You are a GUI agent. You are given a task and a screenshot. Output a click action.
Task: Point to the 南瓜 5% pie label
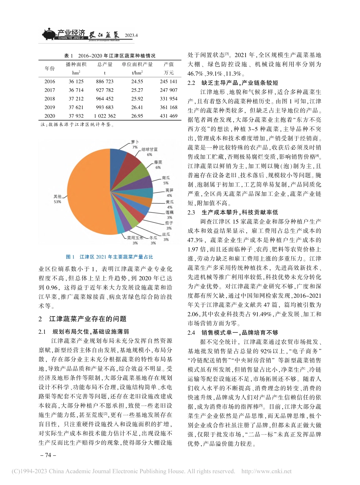[165, 180]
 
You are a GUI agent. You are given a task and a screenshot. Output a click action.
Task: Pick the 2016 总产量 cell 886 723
[105, 81]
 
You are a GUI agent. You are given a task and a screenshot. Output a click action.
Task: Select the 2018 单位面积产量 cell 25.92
[137, 99]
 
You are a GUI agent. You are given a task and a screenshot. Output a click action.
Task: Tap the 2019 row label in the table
[50, 107]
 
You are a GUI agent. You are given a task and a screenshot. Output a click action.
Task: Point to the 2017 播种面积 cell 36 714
[74, 90]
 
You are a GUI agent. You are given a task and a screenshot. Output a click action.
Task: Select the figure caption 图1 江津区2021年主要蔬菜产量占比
[110, 257]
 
